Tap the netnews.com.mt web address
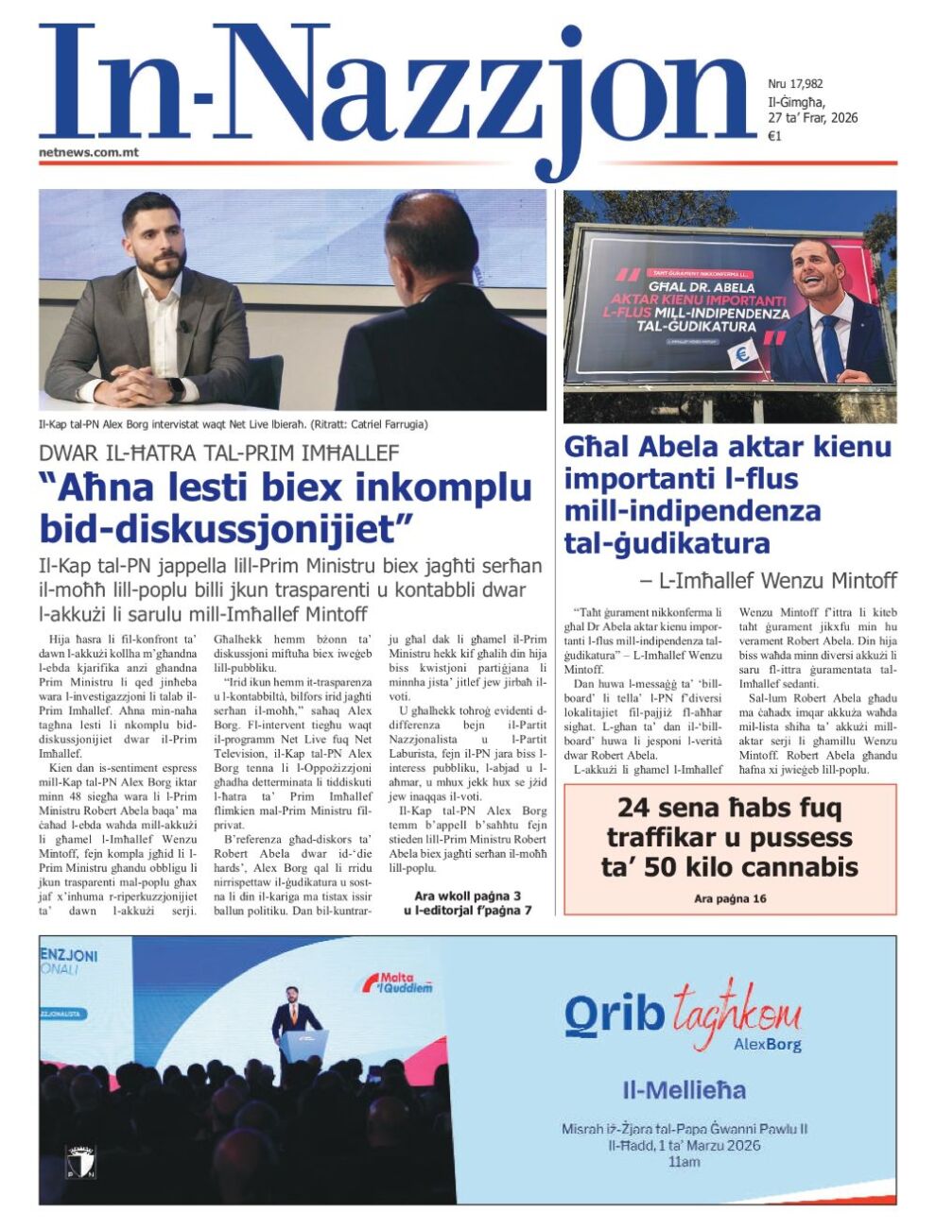click(x=90, y=151)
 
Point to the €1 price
click(x=774, y=136)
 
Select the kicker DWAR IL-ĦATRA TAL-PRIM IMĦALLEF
click(x=219, y=452)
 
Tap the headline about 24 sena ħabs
click(x=729, y=838)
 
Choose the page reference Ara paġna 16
click(x=730, y=898)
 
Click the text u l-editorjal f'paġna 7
click(x=468, y=910)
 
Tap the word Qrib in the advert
click(x=614, y=1014)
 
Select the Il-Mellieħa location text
click(x=684, y=1090)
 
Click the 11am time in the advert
click(x=684, y=1161)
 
